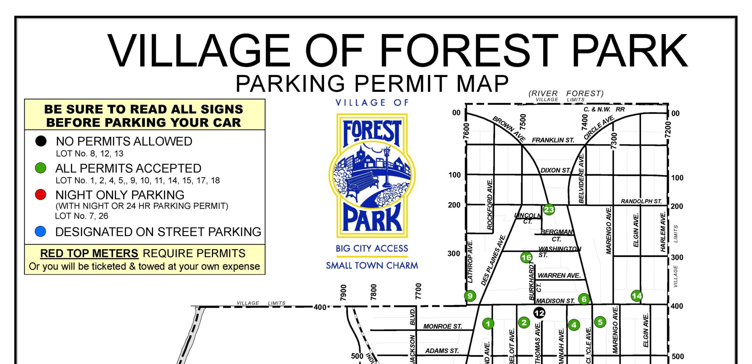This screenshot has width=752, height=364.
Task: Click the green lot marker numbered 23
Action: pyautogui.click(x=549, y=210)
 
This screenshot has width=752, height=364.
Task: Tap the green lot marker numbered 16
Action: pyautogui.click(x=526, y=258)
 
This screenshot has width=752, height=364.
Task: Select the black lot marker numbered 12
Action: pyautogui.click(x=539, y=313)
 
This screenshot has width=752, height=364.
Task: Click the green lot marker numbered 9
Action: pyautogui.click(x=470, y=296)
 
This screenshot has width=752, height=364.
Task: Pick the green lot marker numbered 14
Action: pyautogui.click(x=637, y=296)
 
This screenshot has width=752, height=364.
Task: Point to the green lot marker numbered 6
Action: pyautogui.click(x=584, y=299)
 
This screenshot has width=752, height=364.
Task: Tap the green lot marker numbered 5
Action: pyautogui.click(x=600, y=322)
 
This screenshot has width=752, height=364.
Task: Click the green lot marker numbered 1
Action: pyautogui.click(x=488, y=324)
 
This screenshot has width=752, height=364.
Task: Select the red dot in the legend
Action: pyautogui.click(x=40, y=194)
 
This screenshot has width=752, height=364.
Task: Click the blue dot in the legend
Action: pyautogui.click(x=40, y=231)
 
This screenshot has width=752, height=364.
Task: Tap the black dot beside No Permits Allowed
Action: pyautogui.click(x=41, y=141)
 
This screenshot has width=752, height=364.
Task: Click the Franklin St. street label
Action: pyautogui.click(x=553, y=140)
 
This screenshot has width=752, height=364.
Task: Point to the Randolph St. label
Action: pyautogui.click(x=641, y=201)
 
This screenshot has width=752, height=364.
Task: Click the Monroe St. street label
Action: pyautogui.click(x=442, y=326)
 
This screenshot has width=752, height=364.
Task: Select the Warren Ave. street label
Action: pyautogui.click(x=559, y=276)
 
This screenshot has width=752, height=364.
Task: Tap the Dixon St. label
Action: pyautogui.click(x=555, y=170)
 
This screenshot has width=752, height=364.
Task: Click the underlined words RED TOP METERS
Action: pyautogui.click(x=89, y=253)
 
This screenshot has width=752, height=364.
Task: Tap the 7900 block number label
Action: pyautogui.click(x=343, y=292)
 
